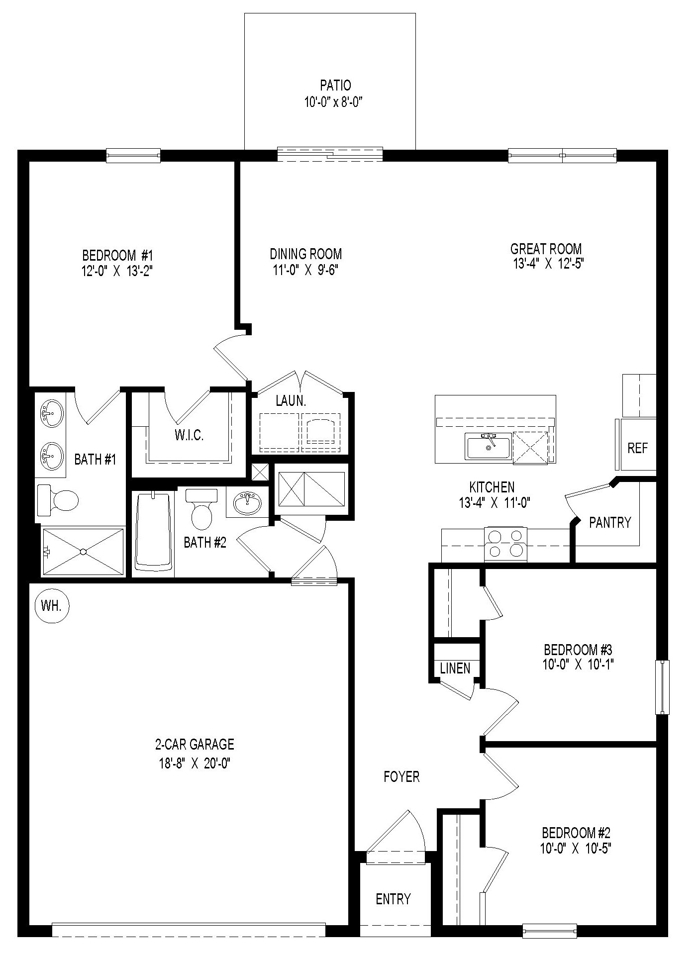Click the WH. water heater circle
pyautogui.click(x=52, y=605)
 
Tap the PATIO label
pyautogui.click(x=335, y=85)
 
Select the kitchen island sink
pyautogui.click(x=488, y=446)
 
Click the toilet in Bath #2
pyautogui.click(x=201, y=509)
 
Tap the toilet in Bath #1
pyautogui.click(x=58, y=500)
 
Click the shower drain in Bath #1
pyautogui.click(x=83, y=551)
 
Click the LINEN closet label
pyautogui.click(x=455, y=668)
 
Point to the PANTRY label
pyautogui.click(x=610, y=522)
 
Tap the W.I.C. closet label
pyautogui.click(x=189, y=435)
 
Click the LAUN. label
pyautogui.click(x=291, y=401)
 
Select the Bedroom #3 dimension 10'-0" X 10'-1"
pyautogui.click(x=578, y=664)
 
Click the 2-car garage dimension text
pyautogui.click(x=194, y=776)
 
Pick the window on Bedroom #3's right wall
pyautogui.click(x=662, y=687)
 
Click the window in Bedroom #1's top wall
pyautogui.click(x=133, y=156)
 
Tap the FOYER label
pyautogui.click(x=401, y=776)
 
